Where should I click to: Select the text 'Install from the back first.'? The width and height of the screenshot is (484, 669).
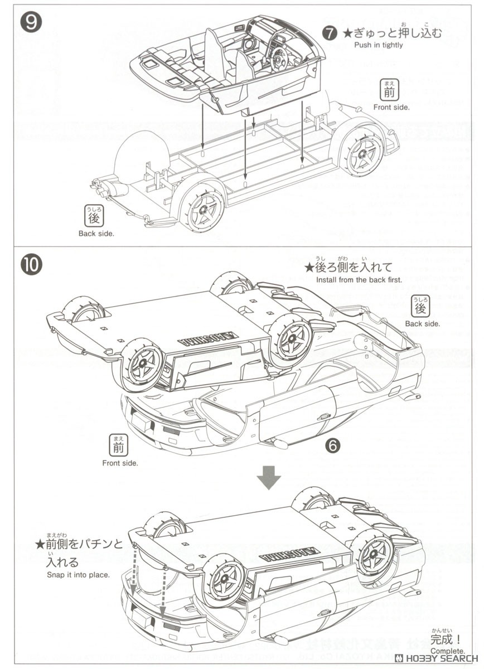coord(359,280)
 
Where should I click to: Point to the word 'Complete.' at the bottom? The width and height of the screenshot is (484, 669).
coord(447,651)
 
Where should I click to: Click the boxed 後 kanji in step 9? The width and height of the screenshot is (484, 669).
coord(94,216)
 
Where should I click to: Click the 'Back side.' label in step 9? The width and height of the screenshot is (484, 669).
coord(96,234)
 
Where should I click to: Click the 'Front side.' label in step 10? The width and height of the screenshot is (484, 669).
coord(120,463)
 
